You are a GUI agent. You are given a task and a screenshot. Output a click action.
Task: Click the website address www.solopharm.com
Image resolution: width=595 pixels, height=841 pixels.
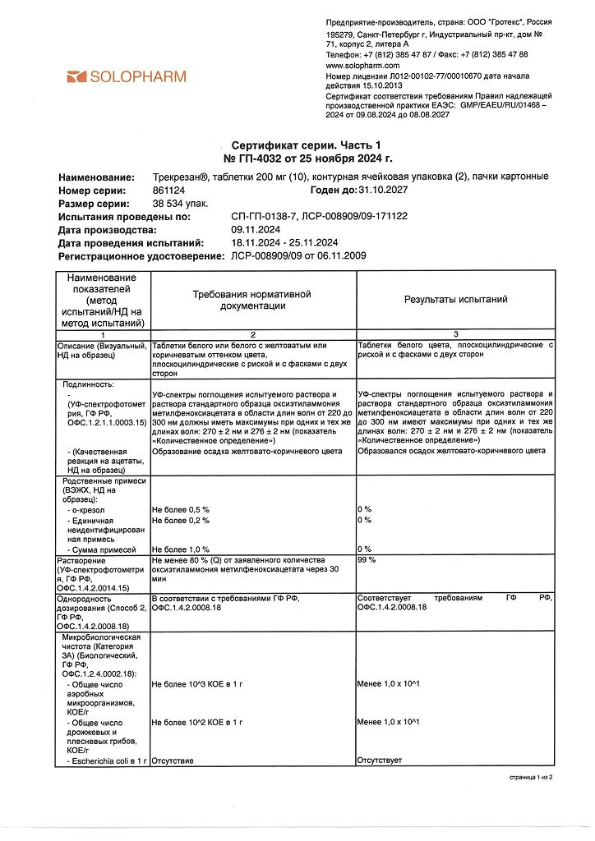[362, 65]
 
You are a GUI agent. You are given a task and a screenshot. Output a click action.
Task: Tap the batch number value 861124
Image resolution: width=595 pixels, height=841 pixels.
[168, 191]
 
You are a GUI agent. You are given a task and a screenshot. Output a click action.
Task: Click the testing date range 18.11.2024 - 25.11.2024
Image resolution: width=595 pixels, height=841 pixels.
[284, 243]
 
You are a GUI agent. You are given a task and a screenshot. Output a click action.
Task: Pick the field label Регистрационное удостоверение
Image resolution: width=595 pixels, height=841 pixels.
[141, 256]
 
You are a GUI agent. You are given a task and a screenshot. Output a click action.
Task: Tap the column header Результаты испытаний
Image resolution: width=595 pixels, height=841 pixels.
[455, 300]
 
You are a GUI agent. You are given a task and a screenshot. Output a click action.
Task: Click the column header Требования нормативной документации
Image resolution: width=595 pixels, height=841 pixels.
[252, 300]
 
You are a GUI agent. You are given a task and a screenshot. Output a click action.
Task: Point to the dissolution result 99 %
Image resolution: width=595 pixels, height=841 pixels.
[367, 560]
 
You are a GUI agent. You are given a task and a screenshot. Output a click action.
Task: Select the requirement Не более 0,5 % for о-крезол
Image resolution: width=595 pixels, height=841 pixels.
[181, 510]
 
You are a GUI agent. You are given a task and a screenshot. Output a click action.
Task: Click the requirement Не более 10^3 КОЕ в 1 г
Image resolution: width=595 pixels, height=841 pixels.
[197, 683]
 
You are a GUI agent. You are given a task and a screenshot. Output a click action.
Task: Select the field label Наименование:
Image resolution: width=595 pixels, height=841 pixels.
[96, 177]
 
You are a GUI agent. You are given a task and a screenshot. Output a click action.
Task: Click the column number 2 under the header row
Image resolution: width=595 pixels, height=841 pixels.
[252, 335]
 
